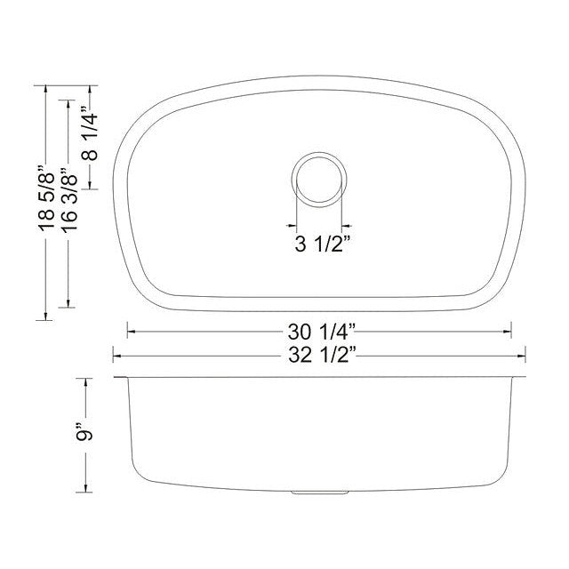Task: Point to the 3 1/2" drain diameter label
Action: [x=317, y=243]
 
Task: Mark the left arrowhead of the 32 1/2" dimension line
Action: [x=116, y=357]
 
